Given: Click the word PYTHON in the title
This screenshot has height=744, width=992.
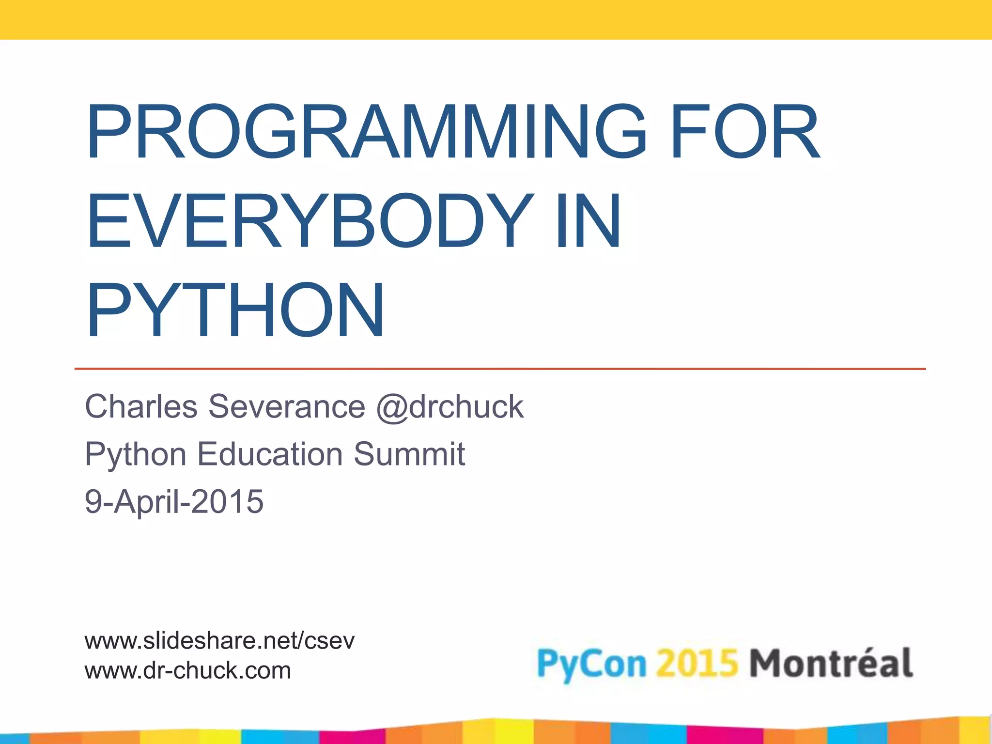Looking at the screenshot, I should click(x=235, y=310).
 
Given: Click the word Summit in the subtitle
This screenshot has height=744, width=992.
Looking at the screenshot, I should click(x=409, y=454).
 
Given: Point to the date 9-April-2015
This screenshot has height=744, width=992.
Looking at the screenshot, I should click(x=174, y=501).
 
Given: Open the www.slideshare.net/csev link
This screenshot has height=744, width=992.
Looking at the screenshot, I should click(x=219, y=641).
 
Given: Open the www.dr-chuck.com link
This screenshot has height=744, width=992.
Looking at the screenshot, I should click(x=187, y=670).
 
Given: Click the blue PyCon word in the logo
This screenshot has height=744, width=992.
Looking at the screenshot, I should click(x=592, y=664).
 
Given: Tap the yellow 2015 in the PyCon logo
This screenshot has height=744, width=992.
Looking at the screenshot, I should click(x=697, y=663).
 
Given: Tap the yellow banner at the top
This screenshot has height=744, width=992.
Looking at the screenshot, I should click(x=496, y=19).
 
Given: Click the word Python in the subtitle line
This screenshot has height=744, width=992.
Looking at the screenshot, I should click(x=136, y=455).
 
